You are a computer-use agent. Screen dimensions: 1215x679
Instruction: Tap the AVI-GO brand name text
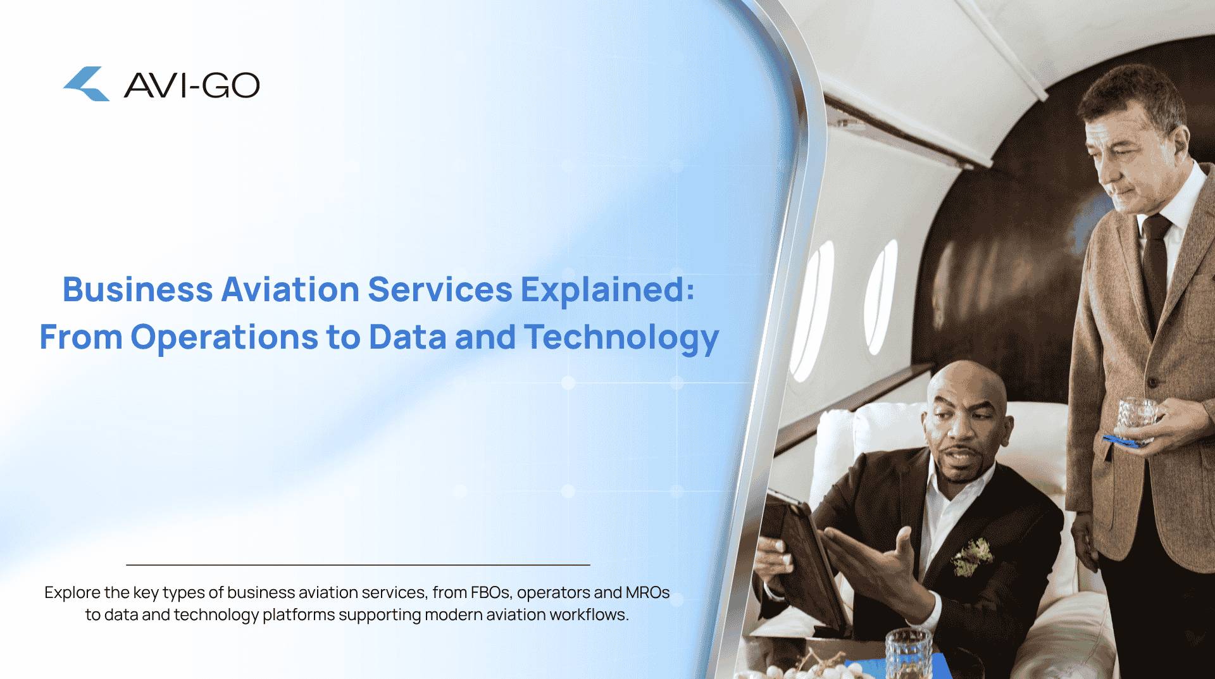192,85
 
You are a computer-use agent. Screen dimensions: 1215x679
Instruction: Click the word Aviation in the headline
290,289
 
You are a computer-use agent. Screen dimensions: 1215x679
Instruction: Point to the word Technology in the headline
621,337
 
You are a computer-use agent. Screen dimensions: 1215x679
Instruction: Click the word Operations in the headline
224,337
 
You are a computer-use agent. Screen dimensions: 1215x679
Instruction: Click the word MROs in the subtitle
647,592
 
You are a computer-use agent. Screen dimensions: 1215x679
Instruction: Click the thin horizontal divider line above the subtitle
358,564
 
